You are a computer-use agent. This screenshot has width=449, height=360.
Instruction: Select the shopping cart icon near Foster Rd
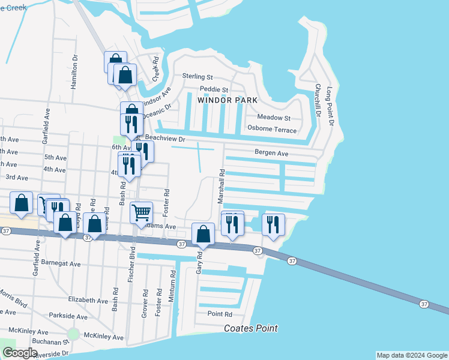pyautogui.click(x=141, y=211)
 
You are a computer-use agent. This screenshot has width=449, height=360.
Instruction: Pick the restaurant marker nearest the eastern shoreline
pyautogui.click(x=273, y=224)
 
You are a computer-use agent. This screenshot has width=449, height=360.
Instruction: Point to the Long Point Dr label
pyautogui.click(x=330, y=106)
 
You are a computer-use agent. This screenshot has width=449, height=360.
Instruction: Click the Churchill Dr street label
pyautogui.click(x=318, y=100)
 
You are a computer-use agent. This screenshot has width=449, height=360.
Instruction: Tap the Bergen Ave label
pyautogui.click(x=271, y=154)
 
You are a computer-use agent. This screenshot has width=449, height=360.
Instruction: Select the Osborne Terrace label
pyautogui.click(x=272, y=130)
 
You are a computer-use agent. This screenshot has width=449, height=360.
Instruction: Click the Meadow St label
pyautogui.click(x=274, y=118)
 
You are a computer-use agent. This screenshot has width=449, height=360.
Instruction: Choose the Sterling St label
pyautogui.click(x=197, y=77)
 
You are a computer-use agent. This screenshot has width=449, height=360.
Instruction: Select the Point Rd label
pyautogui.click(x=220, y=314)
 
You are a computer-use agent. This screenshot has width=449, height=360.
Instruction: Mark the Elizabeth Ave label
pyautogui.click(x=88, y=299)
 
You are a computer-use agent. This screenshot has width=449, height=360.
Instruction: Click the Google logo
pyautogui.click(x=20, y=353)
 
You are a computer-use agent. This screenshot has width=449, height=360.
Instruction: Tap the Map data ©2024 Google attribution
pyautogui.click(x=411, y=355)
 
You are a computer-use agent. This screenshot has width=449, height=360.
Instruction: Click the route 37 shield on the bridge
pyautogui.click(x=424, y=304)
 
